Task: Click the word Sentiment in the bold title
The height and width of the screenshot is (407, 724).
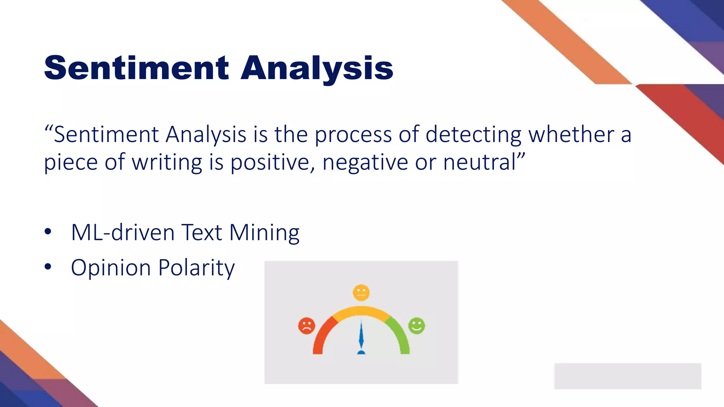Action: (136, 68)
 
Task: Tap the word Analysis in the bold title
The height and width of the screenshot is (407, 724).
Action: (317, 69)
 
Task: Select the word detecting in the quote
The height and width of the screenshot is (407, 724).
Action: (473, 135)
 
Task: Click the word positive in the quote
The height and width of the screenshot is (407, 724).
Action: (273, 163)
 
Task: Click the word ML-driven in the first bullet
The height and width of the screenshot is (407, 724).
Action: (123, 232)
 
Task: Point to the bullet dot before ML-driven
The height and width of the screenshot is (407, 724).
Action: (48, 232)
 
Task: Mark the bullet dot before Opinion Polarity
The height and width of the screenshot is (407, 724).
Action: (48, 267)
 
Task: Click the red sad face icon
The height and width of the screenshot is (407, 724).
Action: (306, 326)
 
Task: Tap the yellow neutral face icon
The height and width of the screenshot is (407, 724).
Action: (361, 293)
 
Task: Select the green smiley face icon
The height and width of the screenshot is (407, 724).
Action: (416, 325)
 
